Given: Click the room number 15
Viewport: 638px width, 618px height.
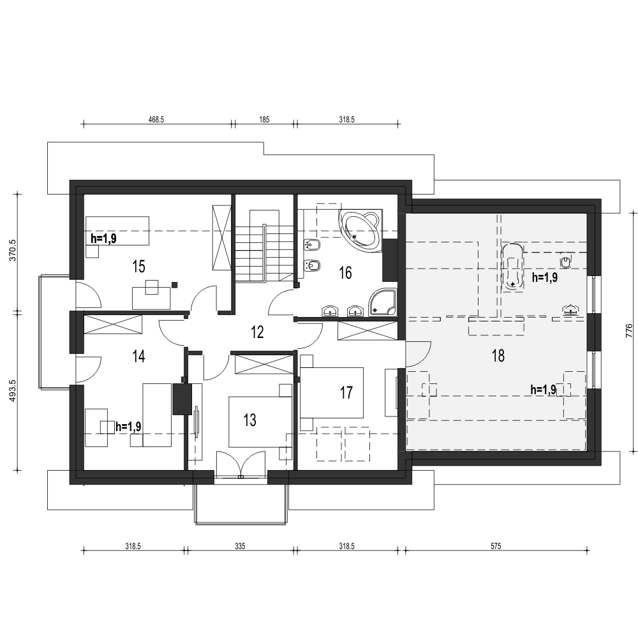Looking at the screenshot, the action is point(138,267).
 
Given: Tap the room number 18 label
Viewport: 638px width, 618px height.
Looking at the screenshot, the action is point(498,356).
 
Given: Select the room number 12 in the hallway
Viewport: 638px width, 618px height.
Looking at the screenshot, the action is point(257,332).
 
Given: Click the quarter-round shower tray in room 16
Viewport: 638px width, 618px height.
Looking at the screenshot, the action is point(382,302).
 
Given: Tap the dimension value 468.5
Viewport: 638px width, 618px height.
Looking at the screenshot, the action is point(156,120).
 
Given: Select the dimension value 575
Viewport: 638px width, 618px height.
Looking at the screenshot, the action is point(496,546).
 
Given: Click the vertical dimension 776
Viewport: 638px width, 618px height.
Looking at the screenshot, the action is point(629,331).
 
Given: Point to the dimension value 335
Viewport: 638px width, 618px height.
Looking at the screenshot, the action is point(240,546).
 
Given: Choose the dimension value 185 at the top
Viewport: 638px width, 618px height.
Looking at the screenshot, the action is point(264,120).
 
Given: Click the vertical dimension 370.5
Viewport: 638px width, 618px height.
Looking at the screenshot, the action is point(13,250).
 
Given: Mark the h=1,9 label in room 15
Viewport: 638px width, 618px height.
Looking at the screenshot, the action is point(103,239).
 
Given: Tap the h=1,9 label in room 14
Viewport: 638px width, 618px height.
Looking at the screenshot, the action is point(129,427).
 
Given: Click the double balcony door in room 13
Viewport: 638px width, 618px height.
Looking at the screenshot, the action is point(241,464).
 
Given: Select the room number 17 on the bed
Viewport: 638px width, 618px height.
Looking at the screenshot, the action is point(346,393).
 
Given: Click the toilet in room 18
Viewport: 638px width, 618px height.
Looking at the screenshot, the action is point(565,261).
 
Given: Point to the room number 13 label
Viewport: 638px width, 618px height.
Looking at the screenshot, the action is point(250,420).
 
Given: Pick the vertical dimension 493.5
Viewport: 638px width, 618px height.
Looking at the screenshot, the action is point(13,391).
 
